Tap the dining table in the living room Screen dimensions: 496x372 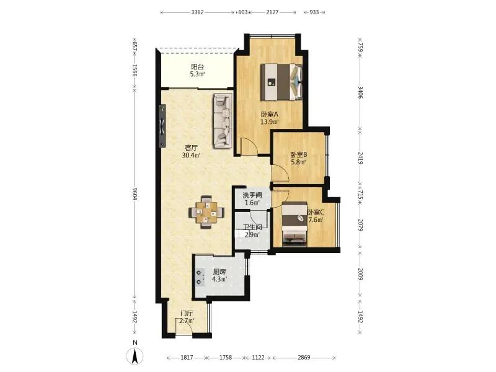point(206,212)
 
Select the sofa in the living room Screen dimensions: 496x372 point(223,120)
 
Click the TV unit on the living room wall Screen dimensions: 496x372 point(162,126)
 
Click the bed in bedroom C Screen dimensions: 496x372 point(294,224)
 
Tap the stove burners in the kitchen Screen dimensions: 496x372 point(199,277)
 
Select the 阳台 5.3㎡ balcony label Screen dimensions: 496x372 point(197,71)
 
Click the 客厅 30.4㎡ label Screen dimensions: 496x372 point(191,151)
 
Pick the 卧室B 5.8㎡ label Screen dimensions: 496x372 point(299,158)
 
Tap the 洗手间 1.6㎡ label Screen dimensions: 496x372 point(252,199)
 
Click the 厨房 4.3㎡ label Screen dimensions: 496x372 point(219,275)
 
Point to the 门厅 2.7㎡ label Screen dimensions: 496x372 point(187,317)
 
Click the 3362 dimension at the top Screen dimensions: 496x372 point(197,12)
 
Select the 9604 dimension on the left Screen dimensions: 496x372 point(135,193)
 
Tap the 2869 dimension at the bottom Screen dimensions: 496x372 point(304,358)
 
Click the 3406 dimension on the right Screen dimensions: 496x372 point(360,92)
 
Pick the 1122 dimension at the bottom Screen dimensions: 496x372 point(258,358)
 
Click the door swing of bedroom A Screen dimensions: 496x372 point(249,146)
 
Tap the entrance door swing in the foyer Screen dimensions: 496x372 point(184,326)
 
